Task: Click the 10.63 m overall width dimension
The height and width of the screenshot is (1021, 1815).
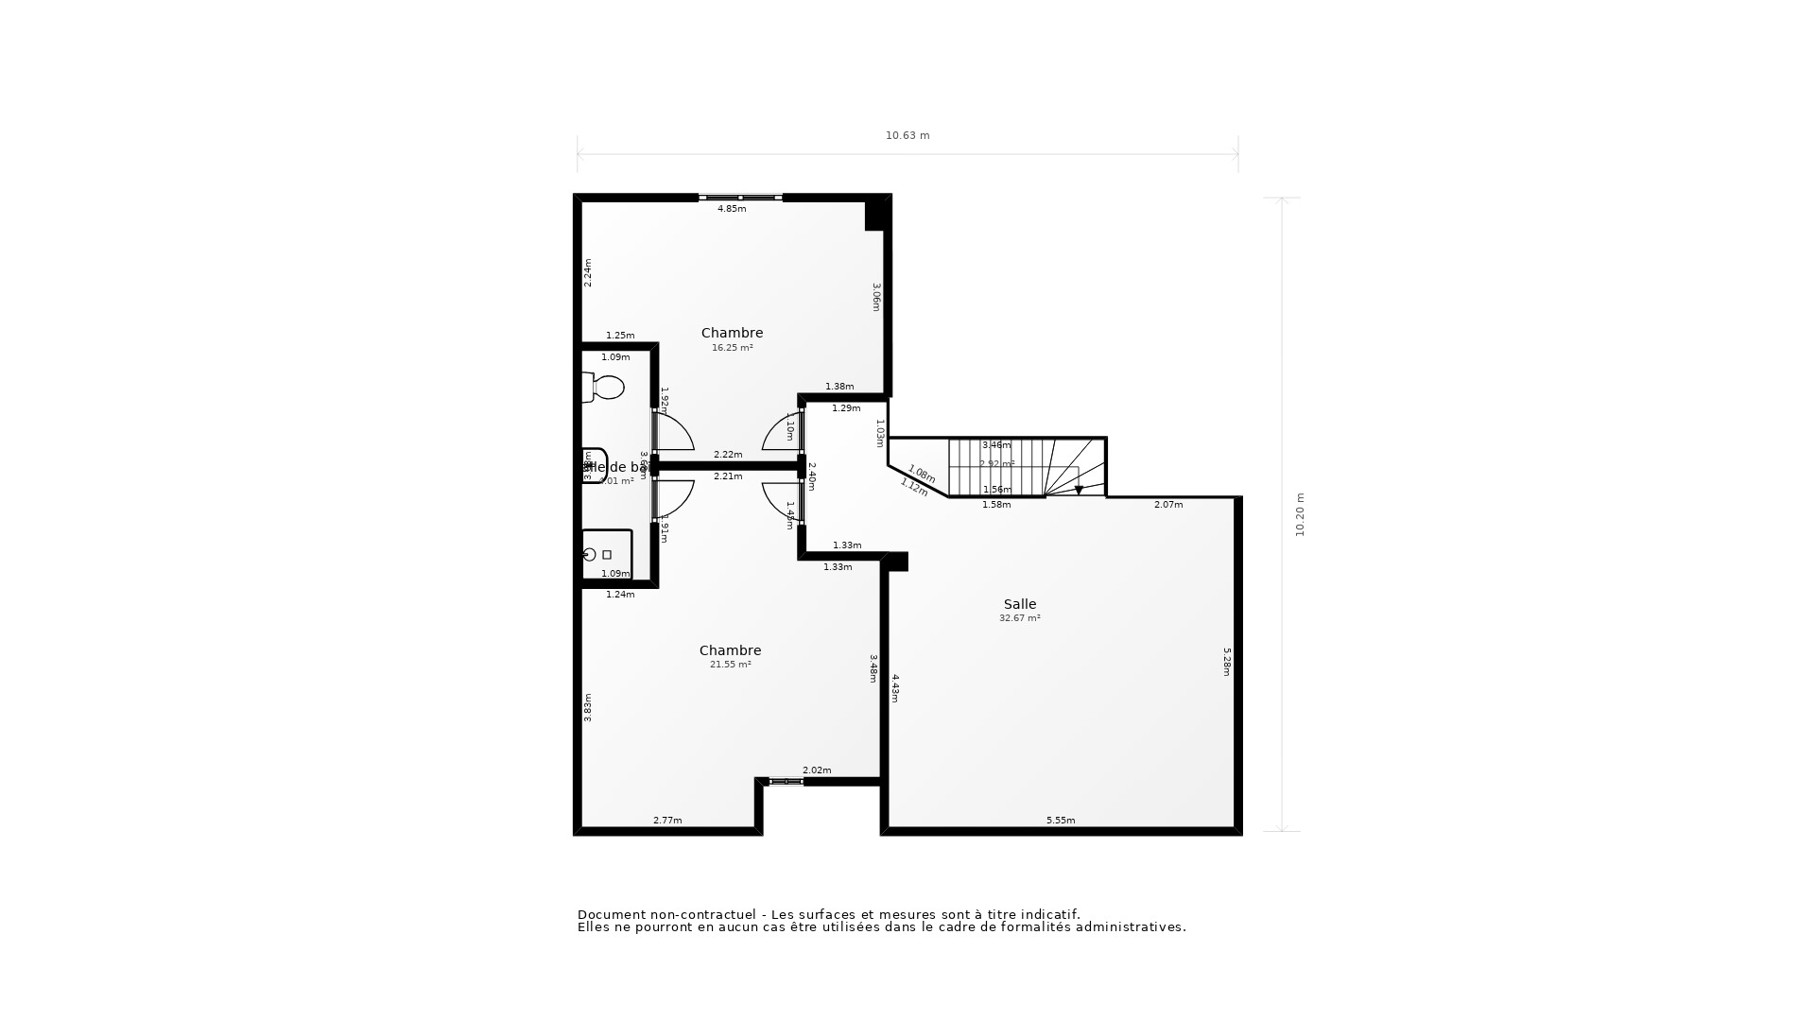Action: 907,135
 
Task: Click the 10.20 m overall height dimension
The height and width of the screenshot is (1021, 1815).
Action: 1300,515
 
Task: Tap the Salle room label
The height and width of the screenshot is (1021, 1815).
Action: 1020,604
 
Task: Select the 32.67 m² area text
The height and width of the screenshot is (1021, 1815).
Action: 1020,618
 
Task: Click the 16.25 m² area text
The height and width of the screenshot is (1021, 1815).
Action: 733,348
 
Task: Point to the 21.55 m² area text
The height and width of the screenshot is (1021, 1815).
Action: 731,665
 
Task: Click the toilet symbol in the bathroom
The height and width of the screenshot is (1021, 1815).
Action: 603,387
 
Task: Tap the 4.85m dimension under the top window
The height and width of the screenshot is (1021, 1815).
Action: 732,209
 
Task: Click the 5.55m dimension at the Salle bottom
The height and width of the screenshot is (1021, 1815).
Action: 1061,821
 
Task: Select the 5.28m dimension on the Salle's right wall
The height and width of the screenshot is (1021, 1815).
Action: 1227,662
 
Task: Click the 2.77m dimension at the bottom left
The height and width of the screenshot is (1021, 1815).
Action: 667,821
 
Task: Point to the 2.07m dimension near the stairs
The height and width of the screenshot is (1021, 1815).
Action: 1168,505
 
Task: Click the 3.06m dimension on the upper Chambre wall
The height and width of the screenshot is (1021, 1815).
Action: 876,297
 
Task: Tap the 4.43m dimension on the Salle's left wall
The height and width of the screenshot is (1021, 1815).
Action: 895,688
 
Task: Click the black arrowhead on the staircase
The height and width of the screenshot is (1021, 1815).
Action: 1079,491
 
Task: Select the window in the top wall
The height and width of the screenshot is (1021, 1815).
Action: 740,198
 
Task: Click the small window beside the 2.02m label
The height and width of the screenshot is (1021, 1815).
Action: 785,782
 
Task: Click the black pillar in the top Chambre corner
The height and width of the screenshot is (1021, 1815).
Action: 876,214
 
